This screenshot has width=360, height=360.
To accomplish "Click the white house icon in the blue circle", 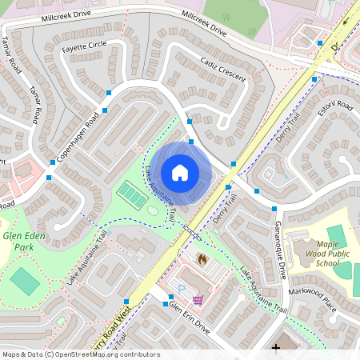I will tap(180, 173).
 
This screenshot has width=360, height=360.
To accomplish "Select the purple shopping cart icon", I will tap(197, 300).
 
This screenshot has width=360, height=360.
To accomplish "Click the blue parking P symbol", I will tap(182, 288).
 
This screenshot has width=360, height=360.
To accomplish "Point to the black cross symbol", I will tap(276, 347).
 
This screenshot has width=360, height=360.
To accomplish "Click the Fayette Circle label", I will tap(84, 46).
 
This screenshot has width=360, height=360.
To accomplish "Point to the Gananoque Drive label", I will tap(280, 249).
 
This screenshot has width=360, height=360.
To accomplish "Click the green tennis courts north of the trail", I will tap(132, 193).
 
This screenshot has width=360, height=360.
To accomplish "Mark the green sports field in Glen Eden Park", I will tap(24, 281).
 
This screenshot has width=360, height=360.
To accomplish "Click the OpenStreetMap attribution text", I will tap(80, 354).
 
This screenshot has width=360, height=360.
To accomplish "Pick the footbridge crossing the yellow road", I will tap(191, 233).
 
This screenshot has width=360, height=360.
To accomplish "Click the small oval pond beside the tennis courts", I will tap(152, 210).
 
